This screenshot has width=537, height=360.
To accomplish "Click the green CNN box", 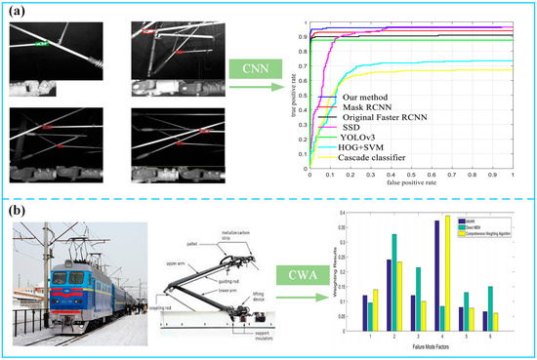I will tap(258, 68).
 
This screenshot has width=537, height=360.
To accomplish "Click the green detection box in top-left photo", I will tap(41, 44).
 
